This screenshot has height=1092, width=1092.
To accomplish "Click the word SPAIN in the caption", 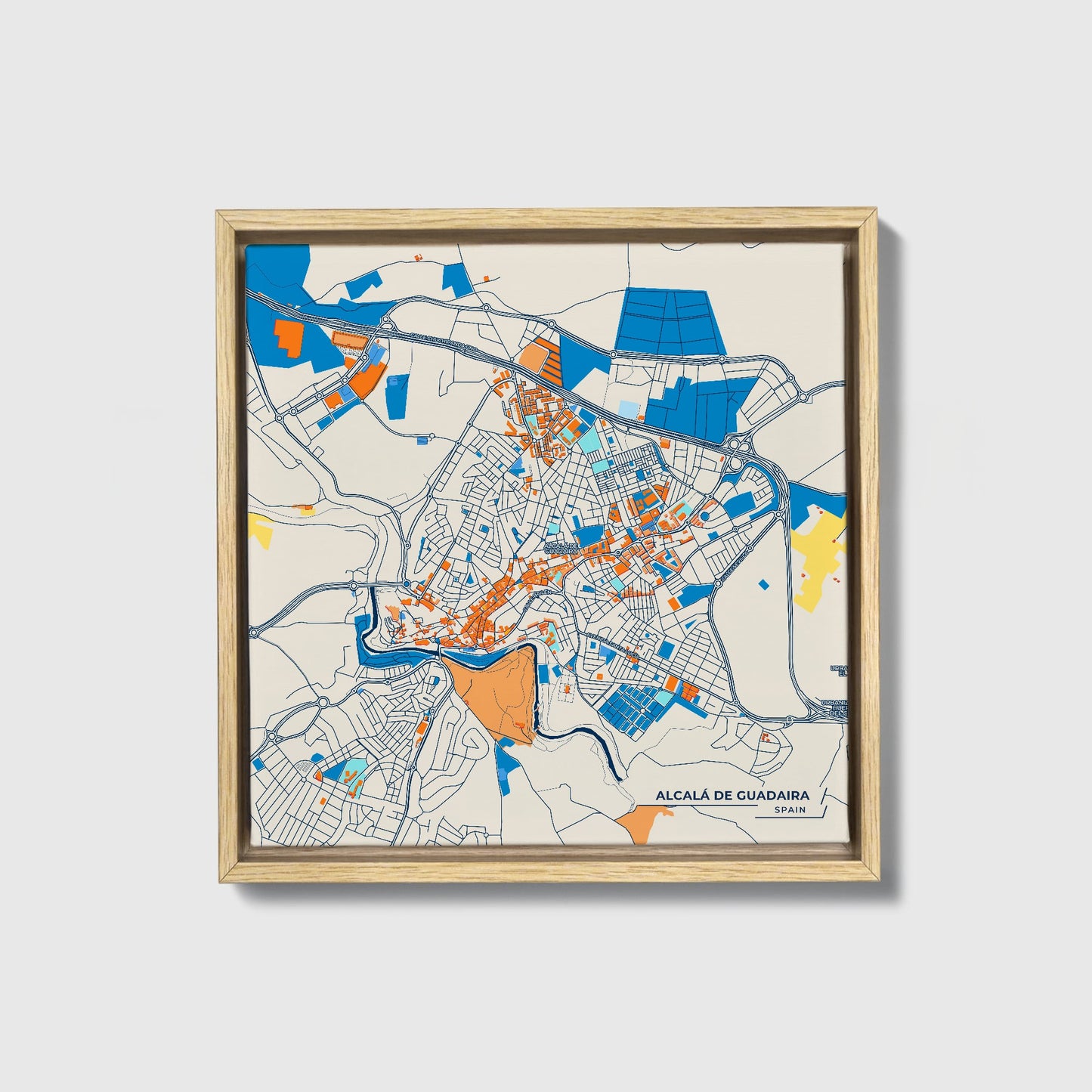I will [790, 809].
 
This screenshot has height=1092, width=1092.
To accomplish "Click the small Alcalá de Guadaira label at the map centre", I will [561, 548].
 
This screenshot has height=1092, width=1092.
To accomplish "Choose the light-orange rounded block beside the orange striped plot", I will [534, 356].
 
